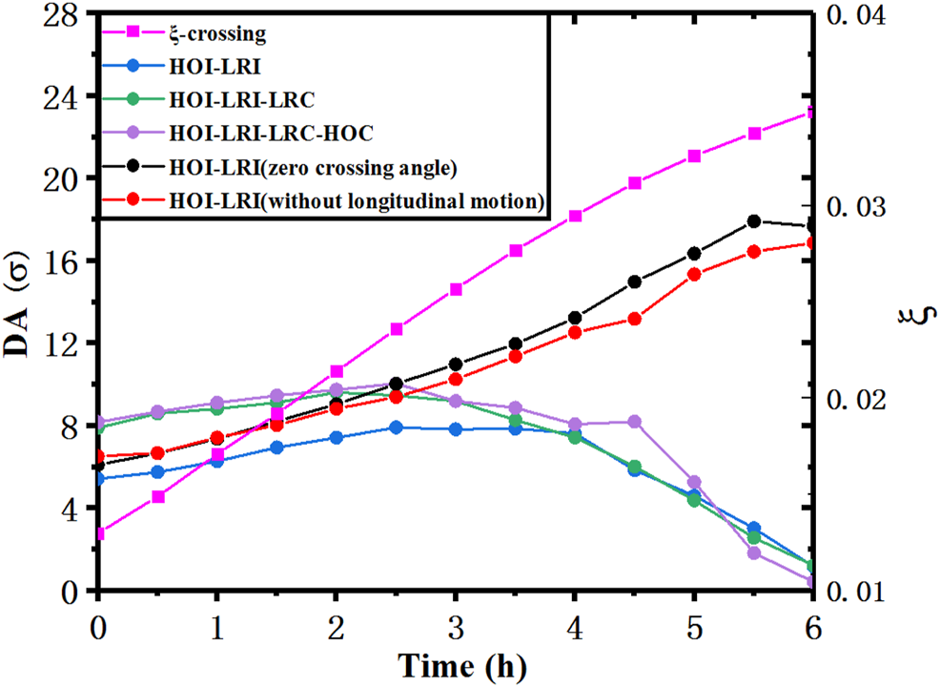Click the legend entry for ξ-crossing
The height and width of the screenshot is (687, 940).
215,36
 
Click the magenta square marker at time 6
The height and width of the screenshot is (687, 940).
812,113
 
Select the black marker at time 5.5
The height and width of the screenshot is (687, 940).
754,221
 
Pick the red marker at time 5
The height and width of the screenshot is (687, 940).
695,275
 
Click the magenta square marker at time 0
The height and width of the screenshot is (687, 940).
99,533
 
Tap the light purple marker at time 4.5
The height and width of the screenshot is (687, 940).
635,422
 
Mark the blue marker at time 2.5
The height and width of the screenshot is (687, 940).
397,427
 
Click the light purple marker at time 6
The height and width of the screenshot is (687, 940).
812,581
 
